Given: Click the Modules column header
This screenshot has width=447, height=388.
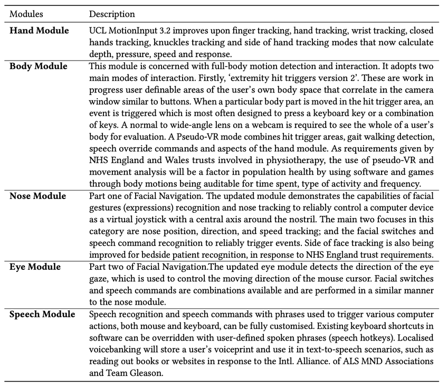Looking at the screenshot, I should click(x=26, y=14).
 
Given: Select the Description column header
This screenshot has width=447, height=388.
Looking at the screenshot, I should click(x=112, y=14).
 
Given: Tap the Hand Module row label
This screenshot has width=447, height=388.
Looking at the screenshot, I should click(x=39, y=31).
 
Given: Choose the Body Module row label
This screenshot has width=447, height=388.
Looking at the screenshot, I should click(x=39, y=67).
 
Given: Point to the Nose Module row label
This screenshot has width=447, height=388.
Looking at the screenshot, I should click(x=38, y=196).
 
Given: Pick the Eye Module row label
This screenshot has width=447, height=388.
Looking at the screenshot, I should click(x=35, y=267).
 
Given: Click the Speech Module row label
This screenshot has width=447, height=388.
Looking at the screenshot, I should click(x=42, y=315).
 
